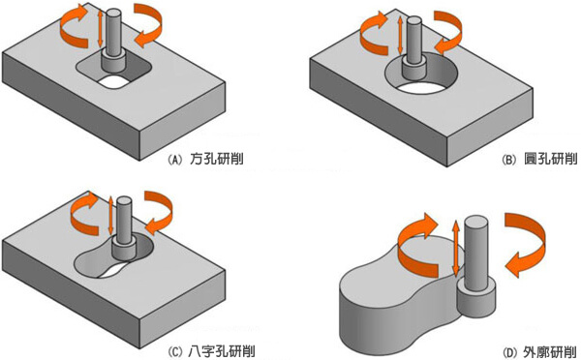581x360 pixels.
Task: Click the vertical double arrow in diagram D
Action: (x=456, y=252)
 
